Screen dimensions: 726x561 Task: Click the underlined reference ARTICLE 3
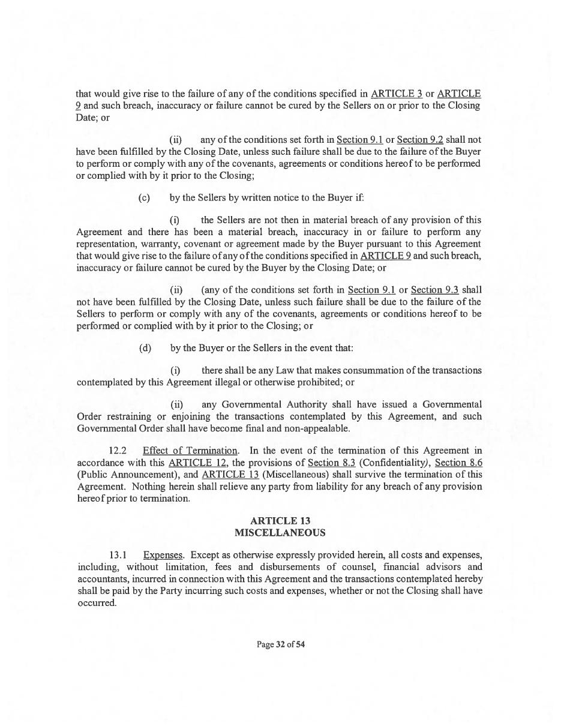[x=397, y=94]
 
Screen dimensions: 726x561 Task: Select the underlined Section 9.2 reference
[x=420, y=140]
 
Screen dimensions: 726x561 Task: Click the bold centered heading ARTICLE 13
[x=280, y=521]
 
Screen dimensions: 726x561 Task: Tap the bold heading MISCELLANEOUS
[x=280, y=533]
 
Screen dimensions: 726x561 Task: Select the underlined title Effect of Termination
[x=190, y=451]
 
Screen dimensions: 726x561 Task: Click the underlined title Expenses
[x=163, y=555]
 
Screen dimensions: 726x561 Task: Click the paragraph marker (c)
[x=144, y=197]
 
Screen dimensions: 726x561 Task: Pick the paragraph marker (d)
[x=145, y=348]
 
